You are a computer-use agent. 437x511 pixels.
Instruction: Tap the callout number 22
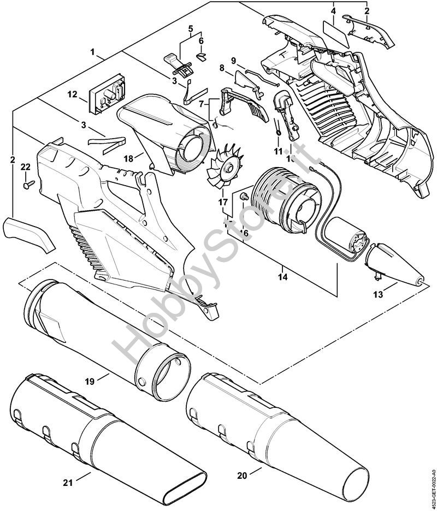[x=25, y=167]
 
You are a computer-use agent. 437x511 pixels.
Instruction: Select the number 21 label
[x=67, y=482]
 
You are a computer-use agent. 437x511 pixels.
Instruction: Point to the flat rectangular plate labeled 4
[x=334, y=32]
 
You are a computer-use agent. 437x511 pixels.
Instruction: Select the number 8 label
[x=222, y=68]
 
